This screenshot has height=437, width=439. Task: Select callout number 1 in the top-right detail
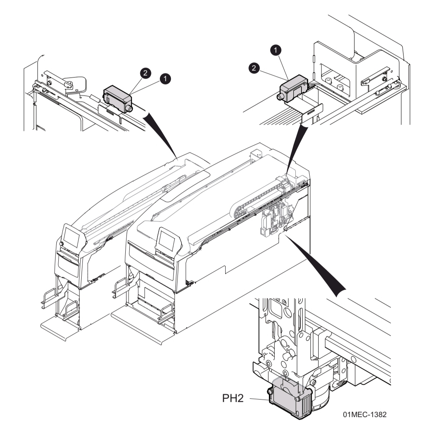tap(277, 50)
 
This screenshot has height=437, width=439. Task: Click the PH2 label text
tap(233, 398)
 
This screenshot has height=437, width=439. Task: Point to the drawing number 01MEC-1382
tap(364, 415)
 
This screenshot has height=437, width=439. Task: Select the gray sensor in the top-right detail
tap(293, 88)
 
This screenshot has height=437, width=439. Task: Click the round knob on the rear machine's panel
tap(62, 244)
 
